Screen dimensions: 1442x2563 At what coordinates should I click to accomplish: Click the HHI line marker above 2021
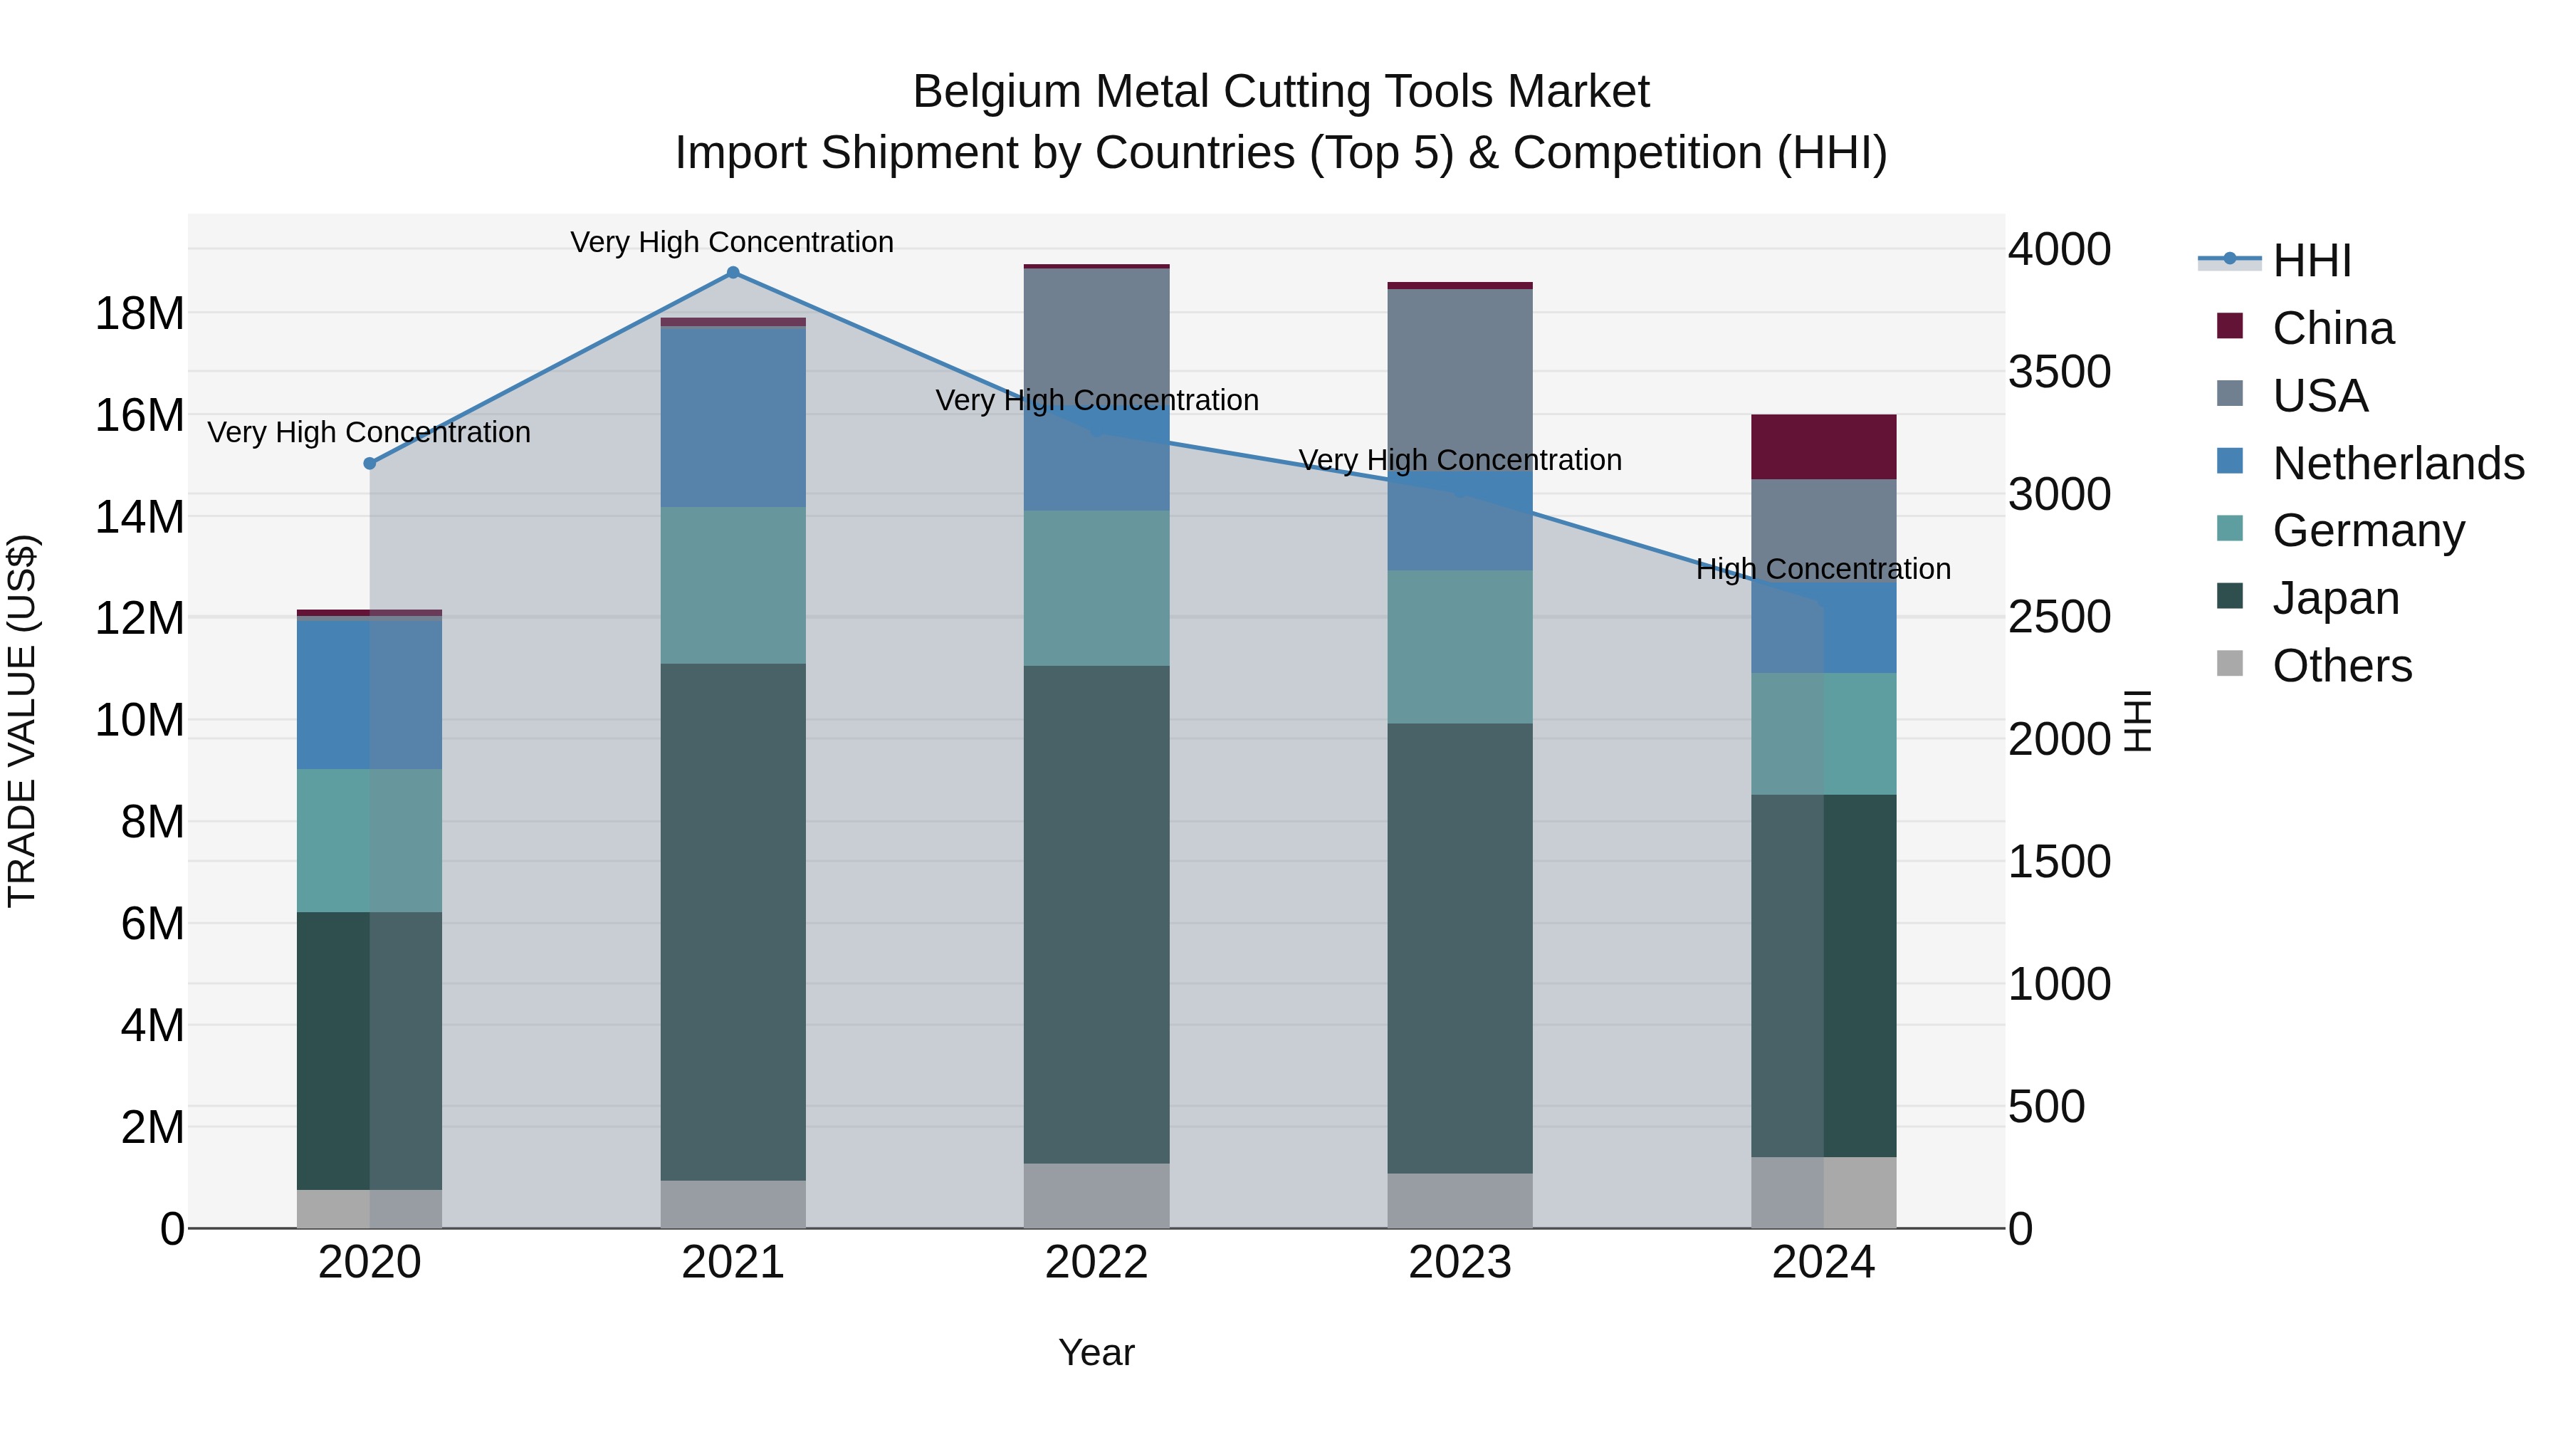[x=733, y=273]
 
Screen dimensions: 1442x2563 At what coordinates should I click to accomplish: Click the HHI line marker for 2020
[x=370, y=464]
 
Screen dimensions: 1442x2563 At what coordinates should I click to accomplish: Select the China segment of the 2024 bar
[x=1824, y=446]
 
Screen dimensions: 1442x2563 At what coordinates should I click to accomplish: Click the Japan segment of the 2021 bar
[x=733, y=921]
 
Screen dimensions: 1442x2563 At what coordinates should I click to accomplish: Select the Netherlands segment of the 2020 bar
[x=370, y=694]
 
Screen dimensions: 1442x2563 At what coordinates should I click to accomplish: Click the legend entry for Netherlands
[x=2398, y=464]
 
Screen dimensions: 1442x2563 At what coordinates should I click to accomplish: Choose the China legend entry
[x=2332, y=328]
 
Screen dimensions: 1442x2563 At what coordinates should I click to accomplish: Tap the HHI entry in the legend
[x=2311, y=261]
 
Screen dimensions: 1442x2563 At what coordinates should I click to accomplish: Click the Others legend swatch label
[x=2342, y=666]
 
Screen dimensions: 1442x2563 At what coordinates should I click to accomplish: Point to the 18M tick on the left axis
[x=140, y=315]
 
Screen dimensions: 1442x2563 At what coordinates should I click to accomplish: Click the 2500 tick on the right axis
[x=2058, y=617]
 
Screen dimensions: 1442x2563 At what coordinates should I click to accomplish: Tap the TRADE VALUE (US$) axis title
[x=22, y=721]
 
